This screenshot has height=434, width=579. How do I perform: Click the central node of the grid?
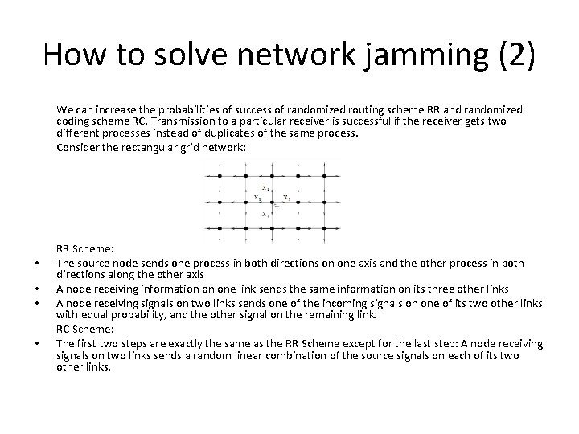(273, 200)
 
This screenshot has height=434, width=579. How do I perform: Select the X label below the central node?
(265, 214)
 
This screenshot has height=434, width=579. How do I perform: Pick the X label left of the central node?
(257, 196)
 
